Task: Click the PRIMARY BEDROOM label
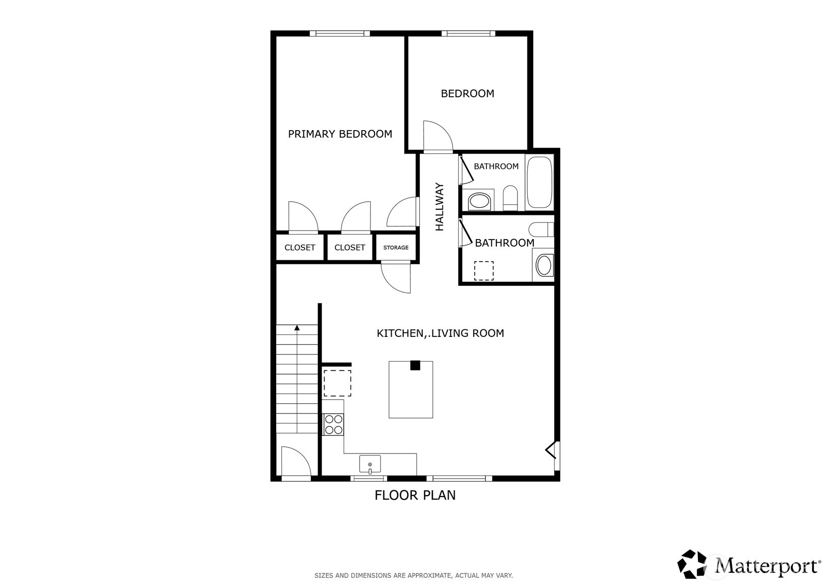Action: [x=340, y=134]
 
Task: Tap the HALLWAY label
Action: [x=439, y=207]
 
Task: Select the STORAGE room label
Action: [x=396, y=247]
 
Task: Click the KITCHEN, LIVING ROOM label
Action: [x=440, y=333]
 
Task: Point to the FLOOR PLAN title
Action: [x=415, y=495]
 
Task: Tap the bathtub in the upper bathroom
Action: [x=540, y=182]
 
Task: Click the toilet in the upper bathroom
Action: [x=510, y=198]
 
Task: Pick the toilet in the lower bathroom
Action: [x=541, y=229]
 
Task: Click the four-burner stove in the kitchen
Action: [x=333, y=424]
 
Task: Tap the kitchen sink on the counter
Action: [x=370, y=464]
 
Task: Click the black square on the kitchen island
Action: [x=415, y=365]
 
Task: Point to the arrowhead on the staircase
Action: [x=297, y=328]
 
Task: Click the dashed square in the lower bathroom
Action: [x=484, y=271]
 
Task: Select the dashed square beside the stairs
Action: [x=337, y=383]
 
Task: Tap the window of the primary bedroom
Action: [x=340, y=33]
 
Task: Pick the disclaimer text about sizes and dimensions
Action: [x=414, y=575]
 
